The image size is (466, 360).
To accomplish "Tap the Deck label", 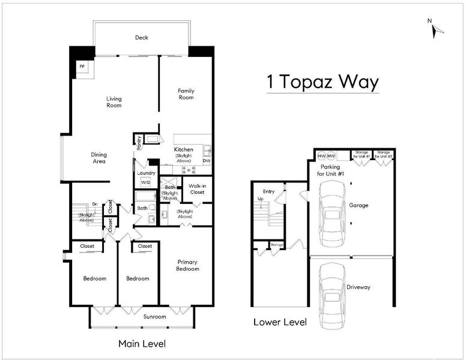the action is (x=142, y=38).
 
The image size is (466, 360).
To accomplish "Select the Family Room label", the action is (x=186, y=94).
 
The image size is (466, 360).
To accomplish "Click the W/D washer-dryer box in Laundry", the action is (x=145, y=182).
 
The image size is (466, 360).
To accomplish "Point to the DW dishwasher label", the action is (x=207, y=161).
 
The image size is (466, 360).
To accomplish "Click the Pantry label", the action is (x=139, y=142).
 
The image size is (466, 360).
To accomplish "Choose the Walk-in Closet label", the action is (x=198, y=189).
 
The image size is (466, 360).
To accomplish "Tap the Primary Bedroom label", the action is (x=187, y=266).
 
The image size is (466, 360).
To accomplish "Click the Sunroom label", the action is (x=154, y=317).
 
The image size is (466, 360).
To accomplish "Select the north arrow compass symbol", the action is (x=436, y=30).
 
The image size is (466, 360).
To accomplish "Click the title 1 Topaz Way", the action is (x=322, y=82).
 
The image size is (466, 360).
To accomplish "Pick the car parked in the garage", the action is (x=332, y=213).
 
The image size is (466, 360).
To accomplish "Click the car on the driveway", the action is (x=332, y=296).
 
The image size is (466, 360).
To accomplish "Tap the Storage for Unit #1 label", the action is (x=362, y=154).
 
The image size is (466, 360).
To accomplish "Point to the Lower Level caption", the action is (x=280, y=322).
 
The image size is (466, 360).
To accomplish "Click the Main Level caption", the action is (x=142, y=344).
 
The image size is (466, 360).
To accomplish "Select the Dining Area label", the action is (x=99, y=158).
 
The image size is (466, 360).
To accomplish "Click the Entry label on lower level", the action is (x=268, y=192).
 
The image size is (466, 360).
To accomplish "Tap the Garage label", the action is (x=359, y=205).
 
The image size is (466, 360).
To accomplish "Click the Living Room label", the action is (x=114, y=102).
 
